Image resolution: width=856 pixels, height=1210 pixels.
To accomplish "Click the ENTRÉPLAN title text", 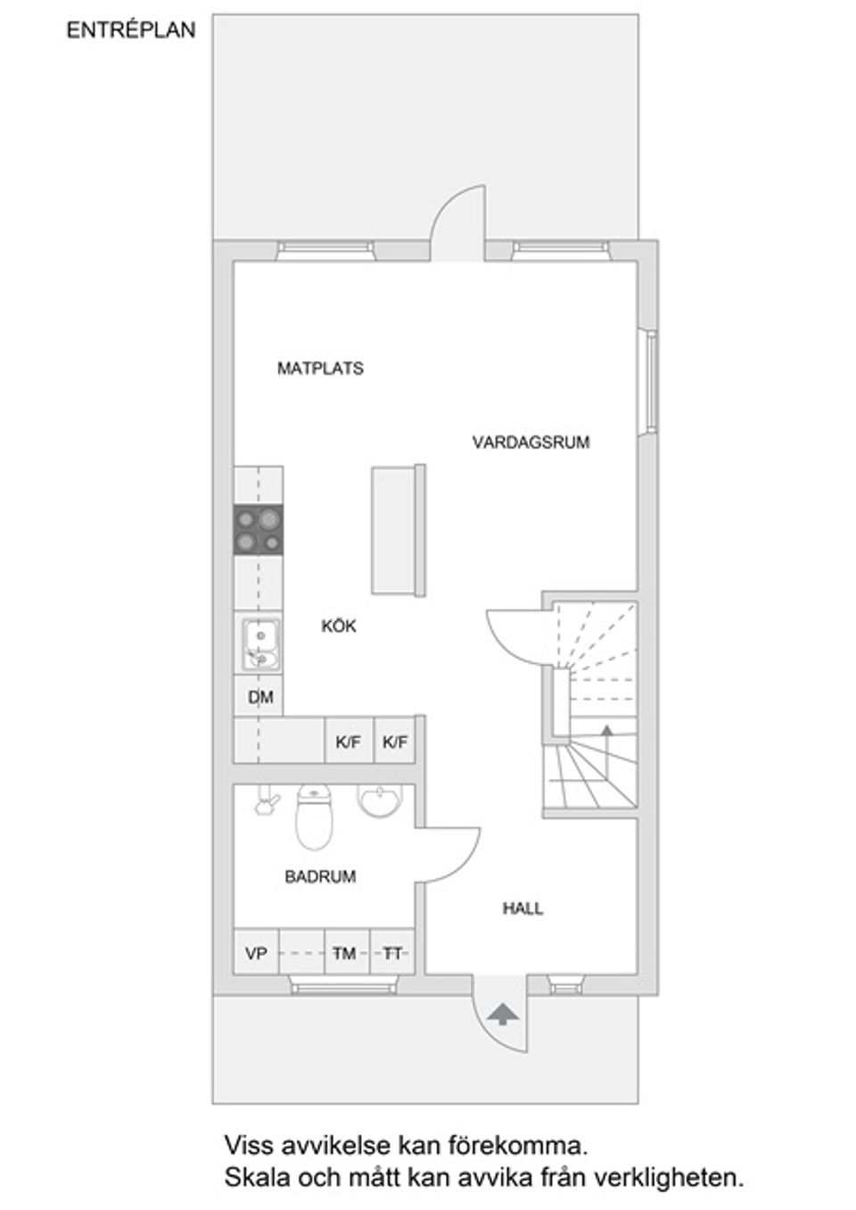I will (130, 29).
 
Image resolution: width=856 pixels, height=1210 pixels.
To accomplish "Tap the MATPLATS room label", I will (320, 368).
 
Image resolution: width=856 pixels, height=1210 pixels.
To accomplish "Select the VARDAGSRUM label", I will (531, 442).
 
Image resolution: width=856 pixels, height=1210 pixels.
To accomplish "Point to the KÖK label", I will (339, 626).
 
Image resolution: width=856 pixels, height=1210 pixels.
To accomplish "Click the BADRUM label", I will (320, 876).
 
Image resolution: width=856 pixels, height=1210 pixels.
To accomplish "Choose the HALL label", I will (523, 908).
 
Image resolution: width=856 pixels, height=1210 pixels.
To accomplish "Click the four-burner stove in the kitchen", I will (259, 530).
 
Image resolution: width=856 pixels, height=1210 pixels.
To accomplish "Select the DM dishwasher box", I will (259, 697).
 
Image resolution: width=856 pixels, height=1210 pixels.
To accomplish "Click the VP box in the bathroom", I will (256, 953).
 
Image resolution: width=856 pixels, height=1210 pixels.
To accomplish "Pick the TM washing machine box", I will (345, 953).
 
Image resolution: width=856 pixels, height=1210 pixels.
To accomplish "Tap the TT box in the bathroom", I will (392, 953).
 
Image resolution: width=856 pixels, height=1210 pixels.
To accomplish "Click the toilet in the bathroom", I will (313, 816).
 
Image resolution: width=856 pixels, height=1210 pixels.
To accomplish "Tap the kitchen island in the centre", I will (397, 528).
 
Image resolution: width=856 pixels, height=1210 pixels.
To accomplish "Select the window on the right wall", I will (651, 381).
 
